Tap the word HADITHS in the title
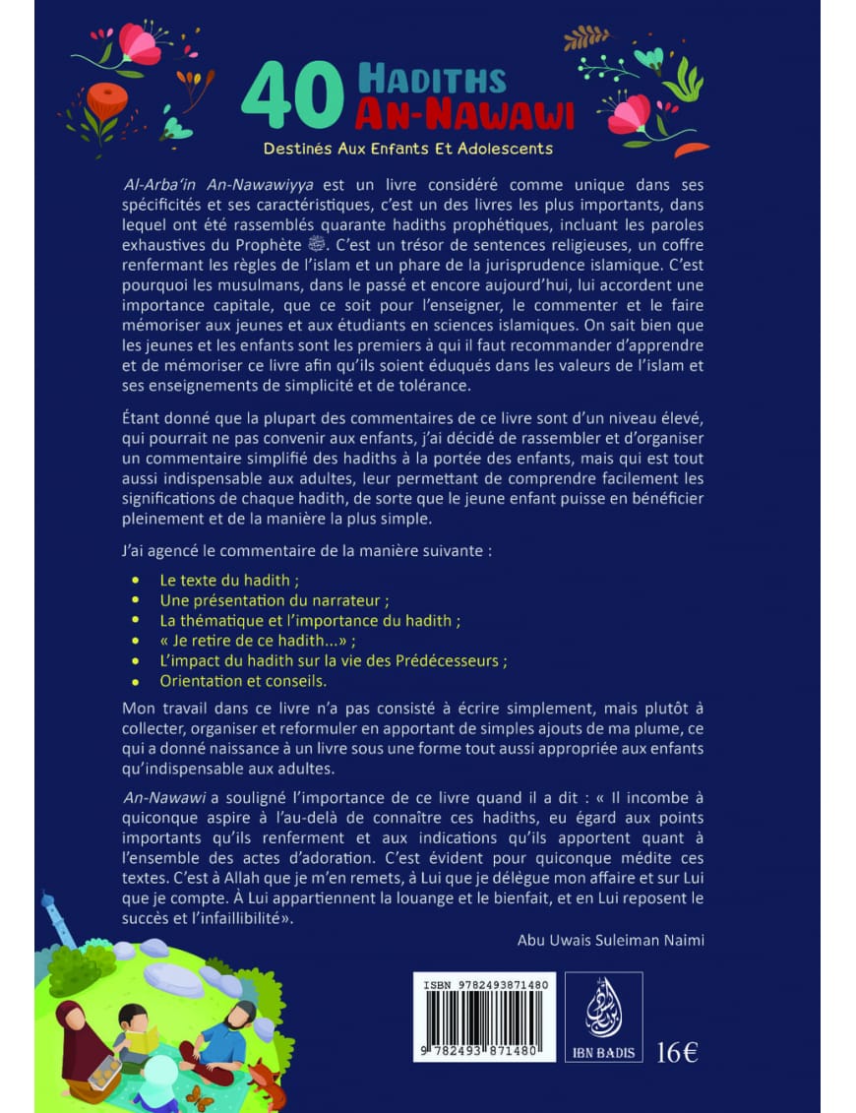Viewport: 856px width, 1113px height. [x=432, y=79]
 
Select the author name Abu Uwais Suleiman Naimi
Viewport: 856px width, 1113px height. [x=610, y=940]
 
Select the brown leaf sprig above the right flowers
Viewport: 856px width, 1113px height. [x=586, y=37]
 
